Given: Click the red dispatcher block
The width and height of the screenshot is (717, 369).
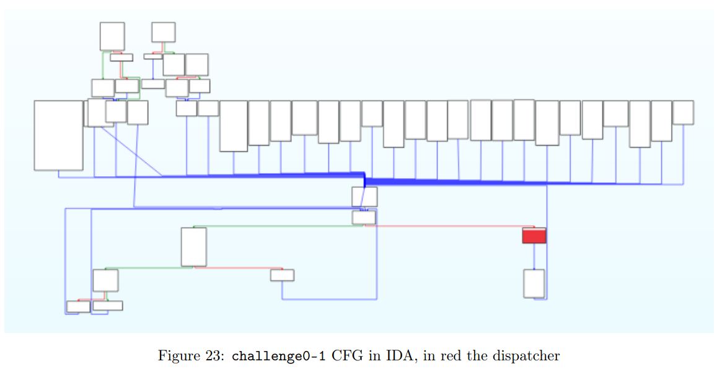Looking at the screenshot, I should (534, 236).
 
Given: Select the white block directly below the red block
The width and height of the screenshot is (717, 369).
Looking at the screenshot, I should (534, 283).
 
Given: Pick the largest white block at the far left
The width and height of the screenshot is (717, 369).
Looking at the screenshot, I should (58, 135).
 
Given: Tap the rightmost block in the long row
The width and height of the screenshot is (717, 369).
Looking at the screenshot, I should (682, 112).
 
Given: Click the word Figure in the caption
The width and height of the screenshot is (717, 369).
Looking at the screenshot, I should (175, 356).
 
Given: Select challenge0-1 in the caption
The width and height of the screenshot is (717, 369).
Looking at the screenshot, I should (268, 356).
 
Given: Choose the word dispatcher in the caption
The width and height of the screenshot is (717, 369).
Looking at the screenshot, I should (529, 356).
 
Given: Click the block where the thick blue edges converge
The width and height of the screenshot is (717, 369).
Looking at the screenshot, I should (364, 197).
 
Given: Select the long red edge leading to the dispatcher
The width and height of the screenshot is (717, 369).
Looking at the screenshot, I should (446, 226).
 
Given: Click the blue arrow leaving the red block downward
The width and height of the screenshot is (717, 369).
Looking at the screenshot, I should (534, 256).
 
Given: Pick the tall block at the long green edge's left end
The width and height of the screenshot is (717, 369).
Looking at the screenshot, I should (193, 247).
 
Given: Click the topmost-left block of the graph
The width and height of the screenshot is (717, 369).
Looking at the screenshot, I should (112, 37).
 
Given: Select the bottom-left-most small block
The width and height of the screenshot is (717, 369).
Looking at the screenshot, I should (78, 306).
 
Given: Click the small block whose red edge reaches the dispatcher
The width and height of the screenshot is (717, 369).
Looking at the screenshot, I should (364, 218).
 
